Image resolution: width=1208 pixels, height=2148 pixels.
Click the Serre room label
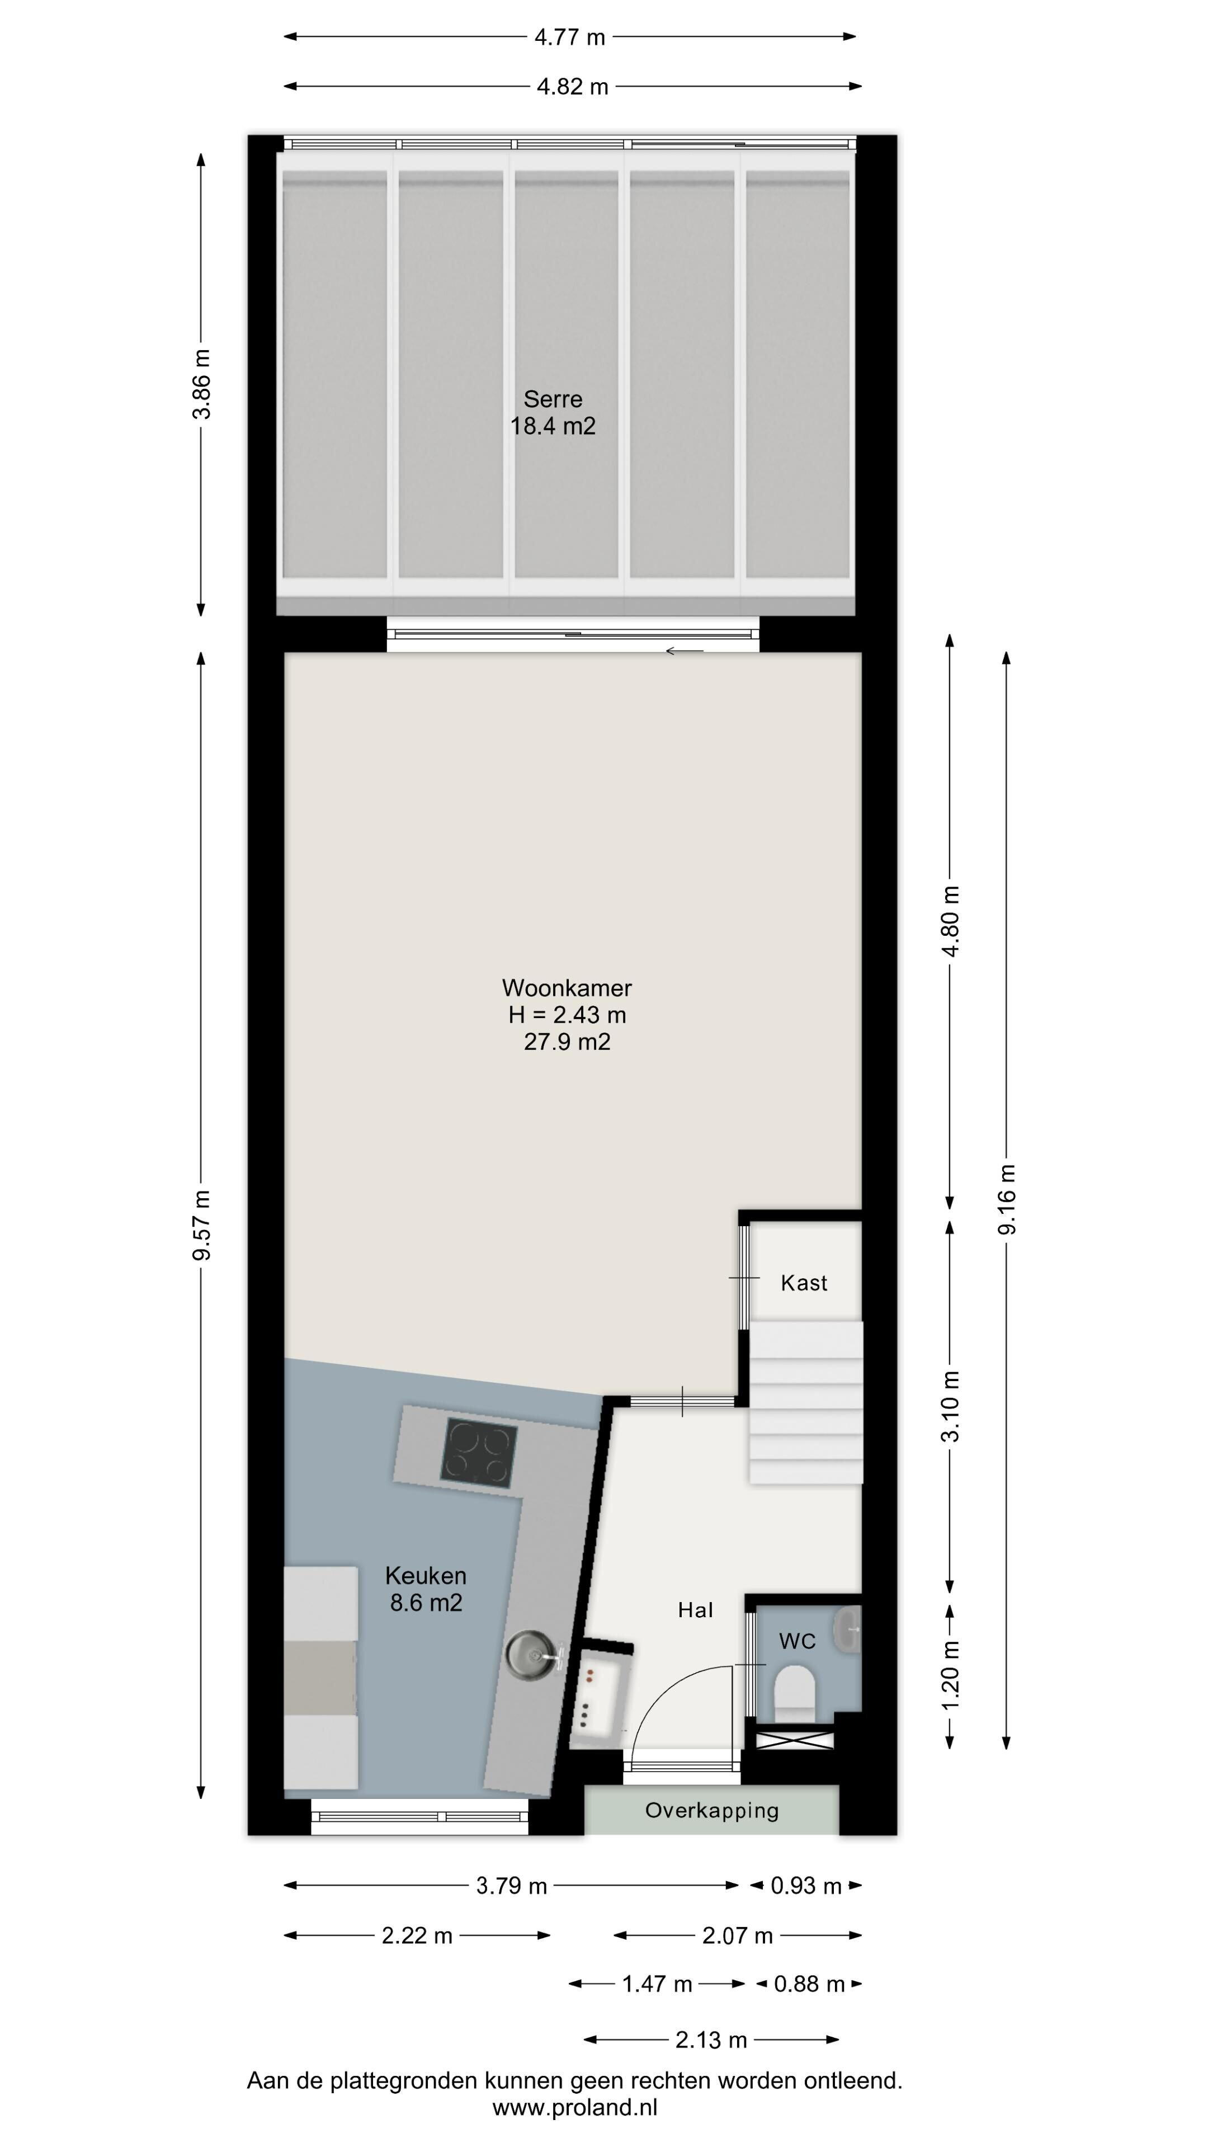tap(553, 399)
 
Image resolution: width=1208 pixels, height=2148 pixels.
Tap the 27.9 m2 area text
tap(567, 1042)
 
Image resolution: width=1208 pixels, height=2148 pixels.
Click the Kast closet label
tap(804, 1283)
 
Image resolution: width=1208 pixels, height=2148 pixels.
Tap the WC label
tap(797, 1642)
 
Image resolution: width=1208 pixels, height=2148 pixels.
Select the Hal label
tap(695, 1610)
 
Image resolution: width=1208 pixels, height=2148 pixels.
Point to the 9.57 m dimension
tap(201, 1225)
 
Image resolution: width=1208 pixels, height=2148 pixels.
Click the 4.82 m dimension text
tap(572, 87)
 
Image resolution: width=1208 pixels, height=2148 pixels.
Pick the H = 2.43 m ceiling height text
tap(567, 1015)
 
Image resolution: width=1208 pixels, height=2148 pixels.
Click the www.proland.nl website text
tap(574, 2108)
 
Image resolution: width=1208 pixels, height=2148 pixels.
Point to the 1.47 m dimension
tap(657, 1984)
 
